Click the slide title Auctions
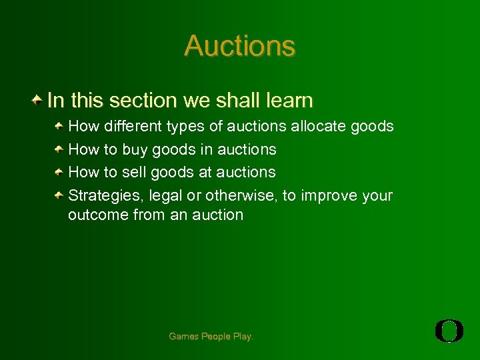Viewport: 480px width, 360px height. [239, 46]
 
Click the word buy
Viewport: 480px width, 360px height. [135, 149]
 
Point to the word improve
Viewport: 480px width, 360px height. [329, 196]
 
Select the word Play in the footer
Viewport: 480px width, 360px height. [243, 337]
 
